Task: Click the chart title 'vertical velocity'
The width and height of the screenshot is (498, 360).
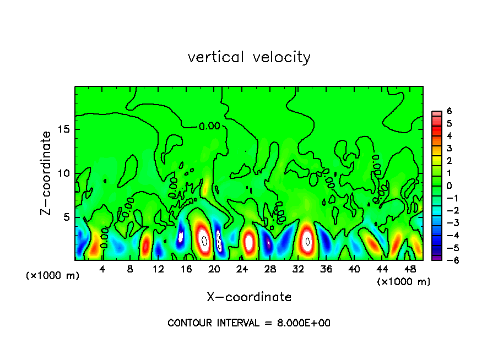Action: [249, 57]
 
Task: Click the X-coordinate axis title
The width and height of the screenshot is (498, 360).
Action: [249, 297]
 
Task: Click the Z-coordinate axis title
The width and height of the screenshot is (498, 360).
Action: [46, 173]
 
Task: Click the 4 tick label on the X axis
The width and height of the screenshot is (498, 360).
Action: [102, 269]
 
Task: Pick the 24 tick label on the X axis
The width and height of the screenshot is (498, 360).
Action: [242, 269]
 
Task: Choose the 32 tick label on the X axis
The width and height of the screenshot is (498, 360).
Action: [298, 269]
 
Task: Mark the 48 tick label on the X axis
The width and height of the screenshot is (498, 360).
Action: [409, 269]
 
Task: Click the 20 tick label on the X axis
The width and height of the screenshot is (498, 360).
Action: [214, 269]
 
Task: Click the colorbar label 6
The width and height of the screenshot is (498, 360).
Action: [449, 111]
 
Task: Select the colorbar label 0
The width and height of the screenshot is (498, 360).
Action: [449, 186]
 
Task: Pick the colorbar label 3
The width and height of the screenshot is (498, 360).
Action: [449, 148]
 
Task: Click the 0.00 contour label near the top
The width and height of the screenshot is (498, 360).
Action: [209, 126]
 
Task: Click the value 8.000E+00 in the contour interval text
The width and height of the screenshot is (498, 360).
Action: [304, 323]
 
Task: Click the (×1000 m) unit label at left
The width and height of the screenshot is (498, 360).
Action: [53, 276]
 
